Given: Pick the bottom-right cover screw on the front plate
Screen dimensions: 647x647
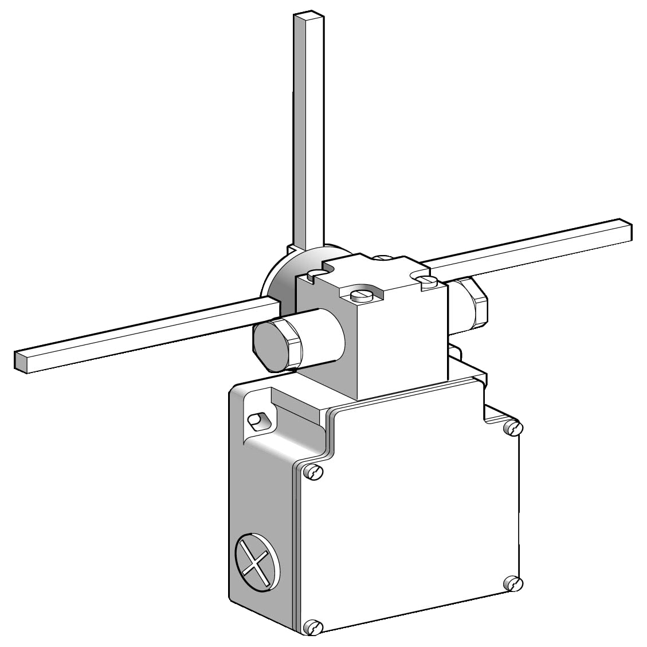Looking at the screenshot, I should (514, 584).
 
